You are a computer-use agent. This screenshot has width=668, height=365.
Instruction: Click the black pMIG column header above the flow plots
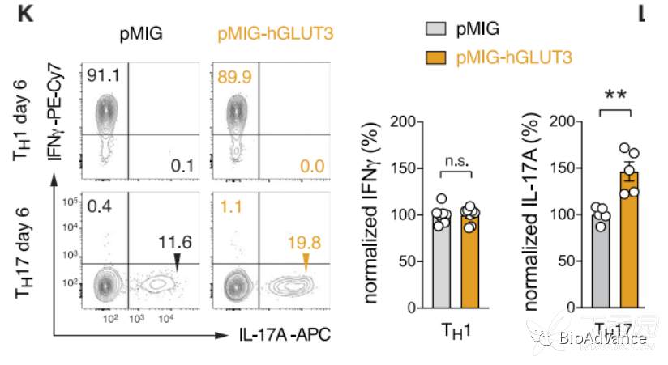[x=139, y=35]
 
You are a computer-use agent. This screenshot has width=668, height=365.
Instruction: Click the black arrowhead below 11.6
[x=177, y=258]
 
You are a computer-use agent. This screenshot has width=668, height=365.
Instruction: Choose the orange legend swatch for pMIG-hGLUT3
[x=436, y=56]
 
